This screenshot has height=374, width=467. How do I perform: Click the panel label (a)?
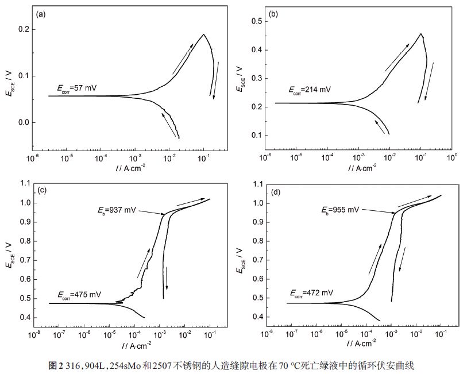(41, 15)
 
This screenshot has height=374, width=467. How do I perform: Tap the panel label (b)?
(273, 15)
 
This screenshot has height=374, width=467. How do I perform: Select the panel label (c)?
(42, 189)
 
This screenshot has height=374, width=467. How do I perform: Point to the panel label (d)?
(275, 189)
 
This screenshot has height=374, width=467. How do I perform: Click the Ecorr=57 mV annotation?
(78, 88)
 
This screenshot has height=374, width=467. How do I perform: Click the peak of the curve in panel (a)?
(203, 34)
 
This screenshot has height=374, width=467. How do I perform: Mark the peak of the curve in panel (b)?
(421, 34)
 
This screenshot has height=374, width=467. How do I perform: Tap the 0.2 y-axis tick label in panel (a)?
(23, 29)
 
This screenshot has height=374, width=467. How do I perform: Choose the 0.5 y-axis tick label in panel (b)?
(256, 21)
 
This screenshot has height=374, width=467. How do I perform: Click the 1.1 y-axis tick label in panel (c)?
(24, 184)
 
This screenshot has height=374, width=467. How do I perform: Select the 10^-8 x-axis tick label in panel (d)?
(266, 333)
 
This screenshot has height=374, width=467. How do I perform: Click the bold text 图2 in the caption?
(55, 364)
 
